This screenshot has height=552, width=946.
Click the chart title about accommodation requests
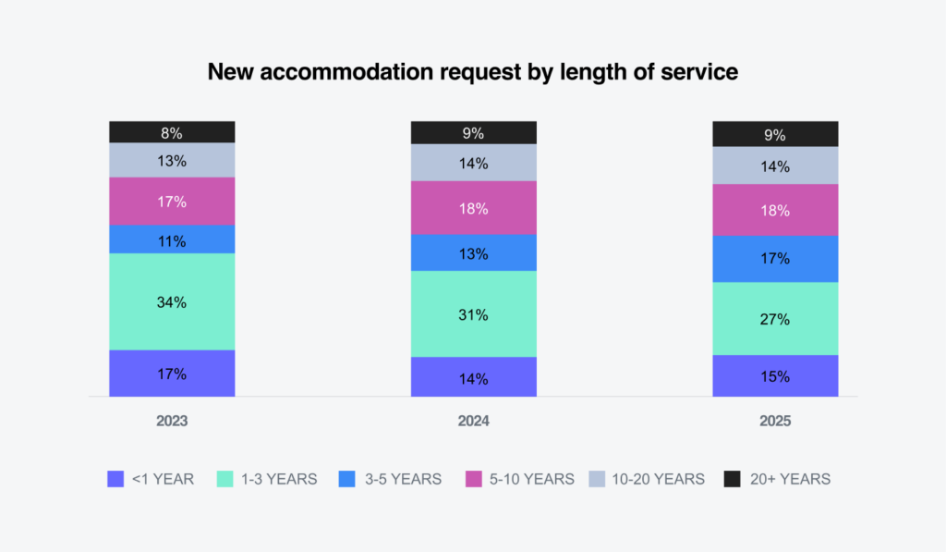pyautogui.click(x=472, y=72)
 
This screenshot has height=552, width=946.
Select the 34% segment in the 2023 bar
pyautogui.click(x=172, y=301)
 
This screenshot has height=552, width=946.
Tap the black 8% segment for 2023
pyautogui.click(x=172, y=131)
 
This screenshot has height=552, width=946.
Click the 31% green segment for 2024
pyautogui.click(x=473, y=314)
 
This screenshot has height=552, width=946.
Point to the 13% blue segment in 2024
pyautogui.click(x=473, y=252)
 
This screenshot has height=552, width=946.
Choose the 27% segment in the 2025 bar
pyautogui.click(x=775, y=319)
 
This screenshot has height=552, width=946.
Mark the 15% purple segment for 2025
pyautogui.click(x=775, y=376)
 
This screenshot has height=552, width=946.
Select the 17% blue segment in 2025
pyautogui.click(x=775, y=259)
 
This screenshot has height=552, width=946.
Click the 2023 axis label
pyautogui.click(x=172, y=421)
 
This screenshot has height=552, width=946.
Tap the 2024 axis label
pyautogui.click(x=473, y=421)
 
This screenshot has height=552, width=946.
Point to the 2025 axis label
pyautogui.click(x=775, y=421)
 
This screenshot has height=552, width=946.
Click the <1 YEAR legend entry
pyautogui.click(x=152, y=479)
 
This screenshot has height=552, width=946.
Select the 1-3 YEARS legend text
pyautogui.click(x=279, y=479)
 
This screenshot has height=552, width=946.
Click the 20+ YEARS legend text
pyautogui.click(x=789, y=479)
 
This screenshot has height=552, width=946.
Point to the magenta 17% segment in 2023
pyautogui.click(x=172, y=201)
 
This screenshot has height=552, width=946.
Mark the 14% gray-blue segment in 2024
pyautogui.click(x=473, y=162)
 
